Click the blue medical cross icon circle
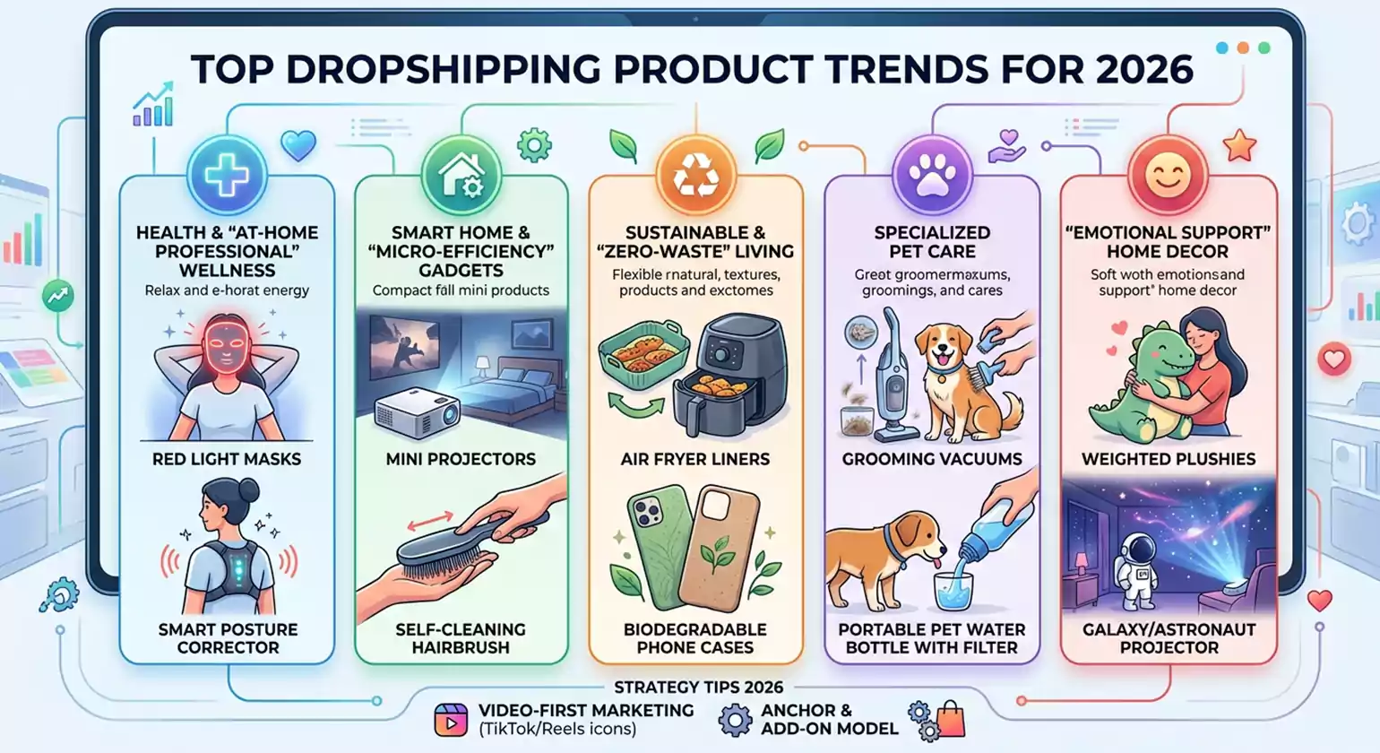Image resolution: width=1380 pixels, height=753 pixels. point(226,175)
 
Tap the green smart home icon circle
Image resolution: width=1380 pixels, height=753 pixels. point(461,175)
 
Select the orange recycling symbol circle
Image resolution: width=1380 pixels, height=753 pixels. point(696,175)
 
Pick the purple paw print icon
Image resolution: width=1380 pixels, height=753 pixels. point(932,175)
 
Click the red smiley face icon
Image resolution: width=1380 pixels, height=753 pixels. point(1168,175)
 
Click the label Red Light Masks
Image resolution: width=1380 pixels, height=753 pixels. point(227,459)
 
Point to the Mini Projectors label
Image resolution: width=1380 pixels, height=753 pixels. point(461,459)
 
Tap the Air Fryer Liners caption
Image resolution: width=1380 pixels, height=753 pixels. point(695,459)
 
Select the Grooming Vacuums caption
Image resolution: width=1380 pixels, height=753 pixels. point(932,459)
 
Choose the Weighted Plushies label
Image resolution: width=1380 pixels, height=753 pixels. point(1169,459)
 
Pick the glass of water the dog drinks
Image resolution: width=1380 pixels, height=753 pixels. point(954,591)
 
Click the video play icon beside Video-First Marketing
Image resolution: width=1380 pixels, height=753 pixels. point(451,720)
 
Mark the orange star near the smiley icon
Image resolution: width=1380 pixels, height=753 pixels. point(1239,145)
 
